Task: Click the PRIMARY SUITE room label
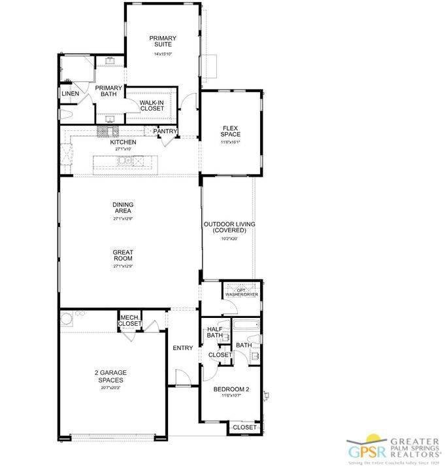(x=162, y=41)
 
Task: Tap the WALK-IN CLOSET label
(x=152, y=105)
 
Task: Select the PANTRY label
(x=165, y=131)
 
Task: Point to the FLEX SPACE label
(x=231, y=131)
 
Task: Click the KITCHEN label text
(x=123, y=142)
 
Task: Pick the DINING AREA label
(x=123, y=207)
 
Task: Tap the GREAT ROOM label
(x=123, y=255)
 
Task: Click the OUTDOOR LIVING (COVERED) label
(x=229, y=227)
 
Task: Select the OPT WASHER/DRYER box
(x=242, y=292)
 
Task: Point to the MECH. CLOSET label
(x=130, y=321)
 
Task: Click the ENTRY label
(x=183, y=348)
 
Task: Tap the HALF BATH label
(x=215, y=332)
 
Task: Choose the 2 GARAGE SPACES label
(x=110, y=376)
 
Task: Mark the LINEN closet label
(x=70, y=94)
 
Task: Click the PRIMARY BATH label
(x=108, y=91)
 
